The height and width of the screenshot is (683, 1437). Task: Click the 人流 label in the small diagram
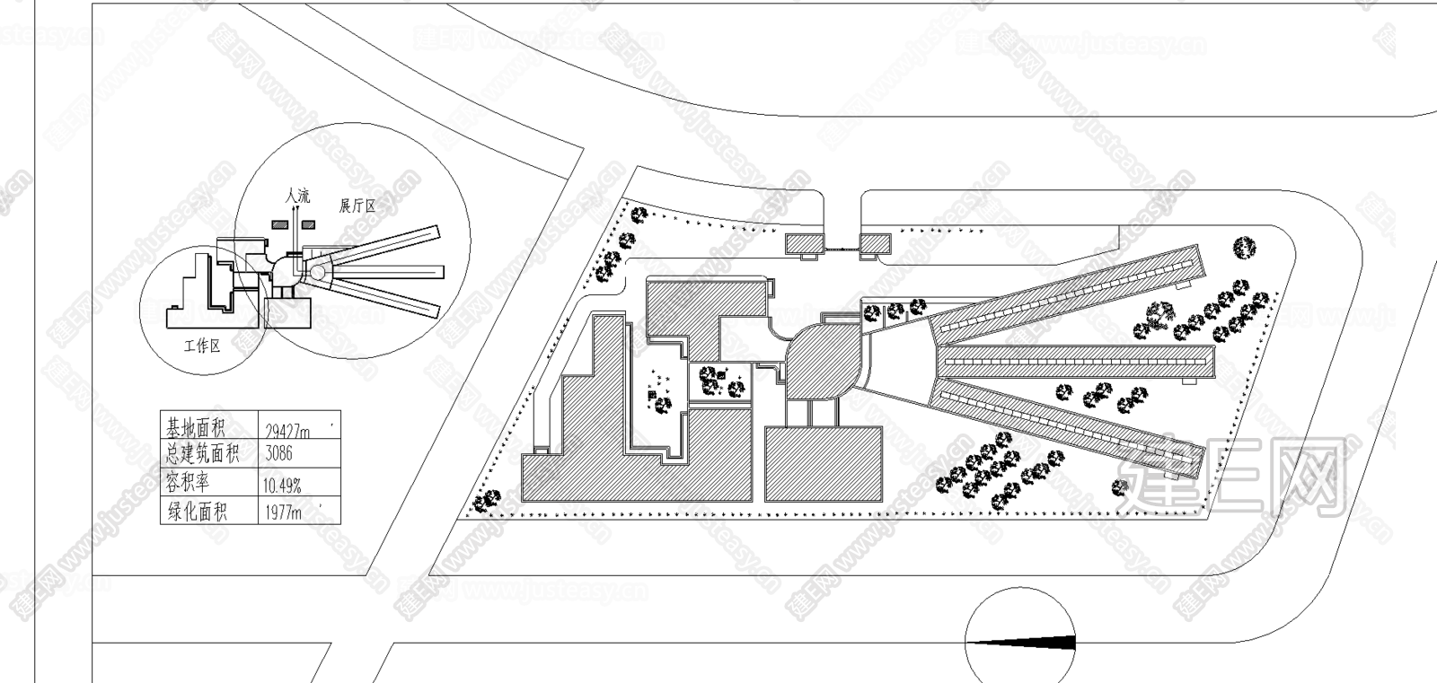[296, 195]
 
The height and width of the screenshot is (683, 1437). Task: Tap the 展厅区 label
[357, 206]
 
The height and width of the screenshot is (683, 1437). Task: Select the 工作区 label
[201, 346]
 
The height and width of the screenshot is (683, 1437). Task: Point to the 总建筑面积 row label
[204, 453]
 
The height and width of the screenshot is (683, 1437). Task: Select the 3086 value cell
[279, 453]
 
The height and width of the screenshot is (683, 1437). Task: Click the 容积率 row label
[188, 482]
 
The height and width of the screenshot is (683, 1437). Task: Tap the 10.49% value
[282, 486]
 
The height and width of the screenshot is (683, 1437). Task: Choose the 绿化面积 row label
[197, 512]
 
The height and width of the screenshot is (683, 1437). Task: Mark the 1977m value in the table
[287, 512]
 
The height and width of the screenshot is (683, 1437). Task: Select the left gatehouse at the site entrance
[803, 242]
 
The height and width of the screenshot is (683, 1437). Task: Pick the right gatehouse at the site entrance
[875, 242]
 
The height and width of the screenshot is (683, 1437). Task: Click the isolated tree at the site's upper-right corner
[1244, 247]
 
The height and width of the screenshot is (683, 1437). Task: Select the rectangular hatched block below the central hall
[824, 463]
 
